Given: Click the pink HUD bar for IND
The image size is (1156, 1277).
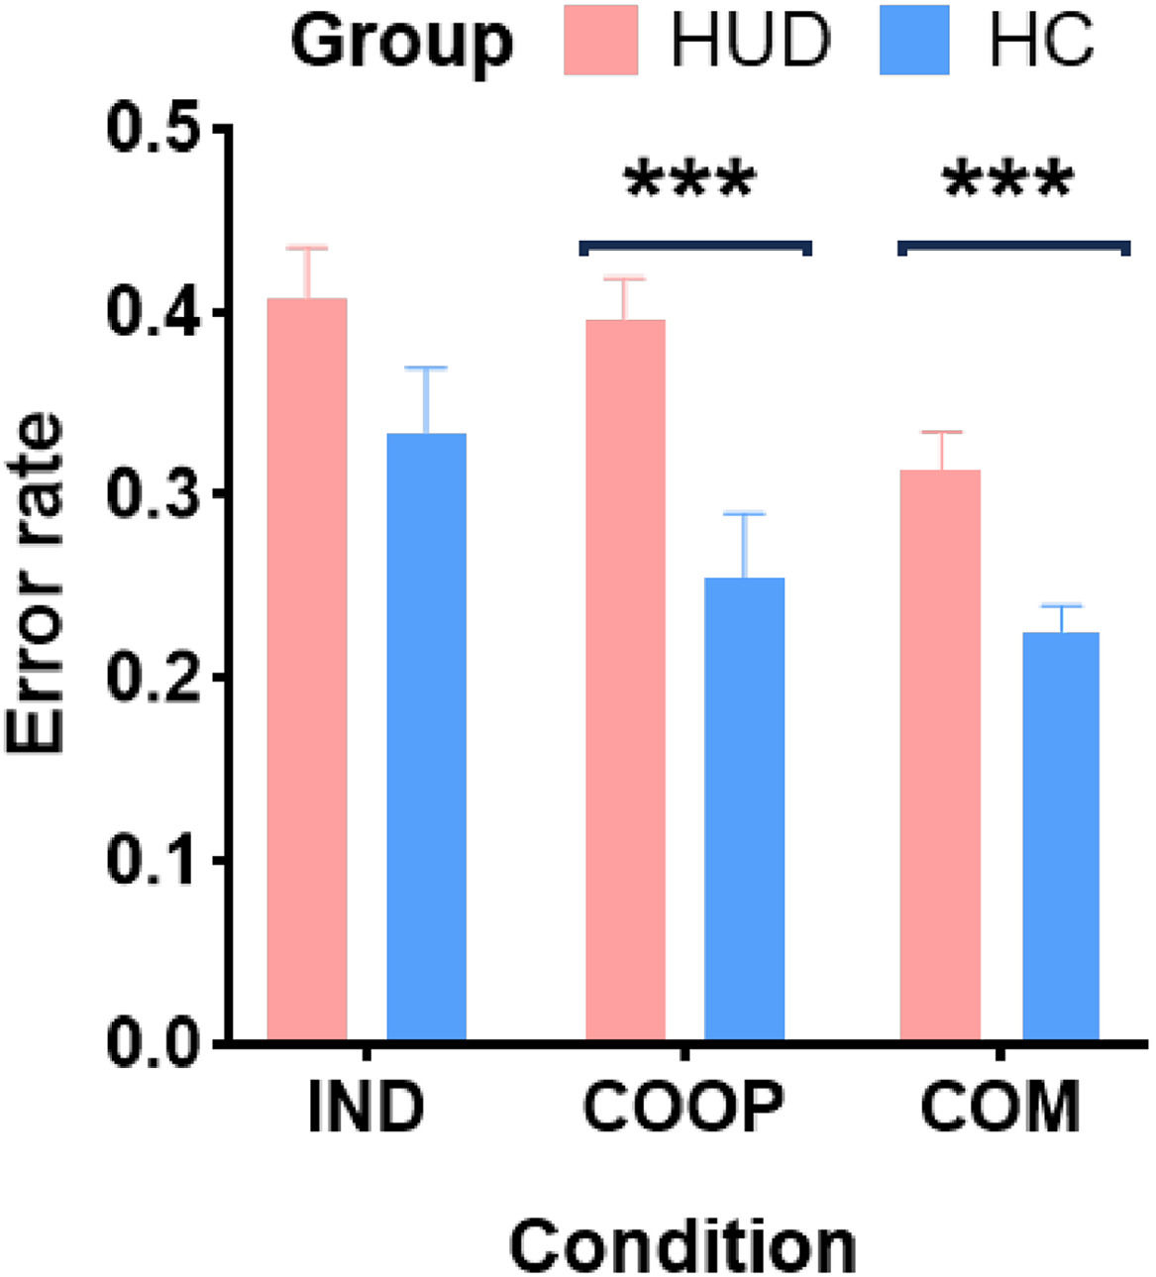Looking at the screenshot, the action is [x=307, y=669].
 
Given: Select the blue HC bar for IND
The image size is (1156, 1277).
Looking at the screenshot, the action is [x=427, y=736].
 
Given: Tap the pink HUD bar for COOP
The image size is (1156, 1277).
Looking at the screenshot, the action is [x=626, y=680].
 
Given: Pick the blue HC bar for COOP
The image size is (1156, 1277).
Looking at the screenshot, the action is [x=744, y=808].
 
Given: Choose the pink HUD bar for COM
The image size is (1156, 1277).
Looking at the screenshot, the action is [x=940, y=754].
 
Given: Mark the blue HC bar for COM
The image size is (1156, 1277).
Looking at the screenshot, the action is [x=1061, y=836].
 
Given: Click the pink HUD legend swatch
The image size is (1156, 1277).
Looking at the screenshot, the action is [x=601, y=40].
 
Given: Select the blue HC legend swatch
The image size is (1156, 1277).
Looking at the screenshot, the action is [x=914, y=40].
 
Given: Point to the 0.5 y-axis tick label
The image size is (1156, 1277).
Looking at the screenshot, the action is [x=151, y=130].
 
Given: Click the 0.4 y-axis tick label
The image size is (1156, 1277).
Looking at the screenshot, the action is [x=151, y=313].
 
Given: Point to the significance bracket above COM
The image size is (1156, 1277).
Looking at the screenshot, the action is [x=1014, y=245].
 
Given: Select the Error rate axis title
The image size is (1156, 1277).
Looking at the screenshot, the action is [x=35, y=584].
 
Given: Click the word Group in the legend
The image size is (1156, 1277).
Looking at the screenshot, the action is [x=401, y=44].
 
